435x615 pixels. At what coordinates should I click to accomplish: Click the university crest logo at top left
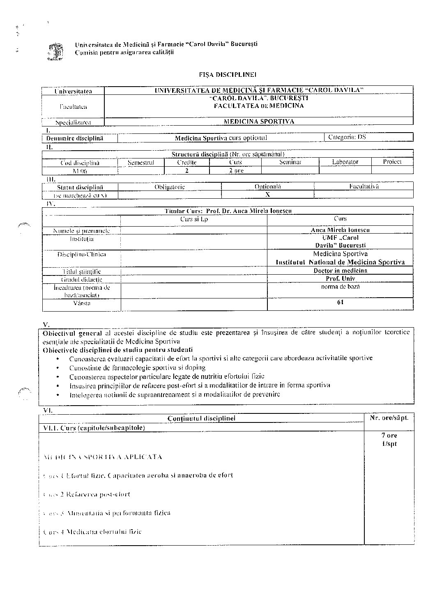point(55,52)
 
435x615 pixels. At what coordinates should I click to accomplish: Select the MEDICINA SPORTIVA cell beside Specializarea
point(259,122)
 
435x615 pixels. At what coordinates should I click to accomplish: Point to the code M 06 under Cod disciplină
point(79,171)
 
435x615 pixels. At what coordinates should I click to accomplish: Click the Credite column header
point(187,162)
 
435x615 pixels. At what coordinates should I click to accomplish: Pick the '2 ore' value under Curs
point(236,170)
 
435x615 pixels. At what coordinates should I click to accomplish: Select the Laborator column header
point(345,162)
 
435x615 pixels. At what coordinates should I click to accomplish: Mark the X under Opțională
point(268,195)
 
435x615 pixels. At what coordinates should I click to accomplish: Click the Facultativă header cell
point(364,186)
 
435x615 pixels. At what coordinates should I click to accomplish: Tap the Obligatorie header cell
point(169,187)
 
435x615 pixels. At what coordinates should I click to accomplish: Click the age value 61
point(340,303)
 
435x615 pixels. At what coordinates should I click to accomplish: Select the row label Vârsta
point(82,303)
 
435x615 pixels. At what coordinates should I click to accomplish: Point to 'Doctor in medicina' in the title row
point(340,271)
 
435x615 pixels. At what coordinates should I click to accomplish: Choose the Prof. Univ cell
point(340,278)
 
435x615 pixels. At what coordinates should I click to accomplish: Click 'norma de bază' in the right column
point(340,287)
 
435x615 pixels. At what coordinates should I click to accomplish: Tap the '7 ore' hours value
point(389,436)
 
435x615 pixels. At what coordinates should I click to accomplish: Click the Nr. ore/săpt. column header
point(389,418)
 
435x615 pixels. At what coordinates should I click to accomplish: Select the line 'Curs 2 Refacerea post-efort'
point(87,494)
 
